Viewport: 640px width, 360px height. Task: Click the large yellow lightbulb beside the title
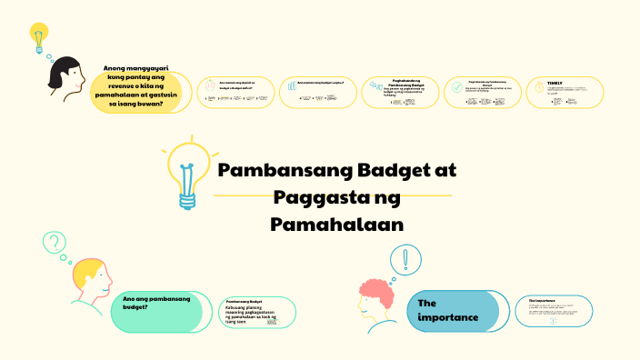pos(187,173)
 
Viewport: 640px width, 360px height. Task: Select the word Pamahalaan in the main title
pos(336,223)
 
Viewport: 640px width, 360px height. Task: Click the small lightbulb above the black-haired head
pos(38,39)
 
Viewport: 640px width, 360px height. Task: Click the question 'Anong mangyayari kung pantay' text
pos(140,87)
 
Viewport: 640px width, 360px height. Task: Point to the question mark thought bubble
pos(55,243)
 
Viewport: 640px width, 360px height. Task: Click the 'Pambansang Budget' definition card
pos(259,312)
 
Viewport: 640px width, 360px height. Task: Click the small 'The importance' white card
pos(557,310)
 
